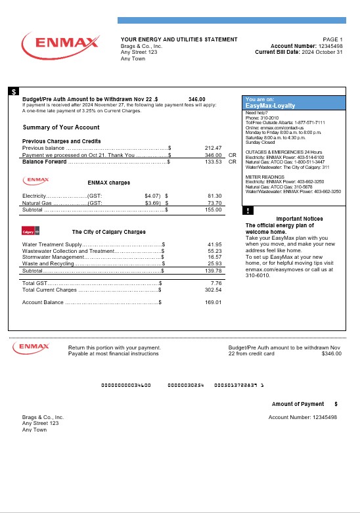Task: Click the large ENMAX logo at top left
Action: pos(60,45)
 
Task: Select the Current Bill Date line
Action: pos(299,53)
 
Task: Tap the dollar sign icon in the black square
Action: pos(14,92)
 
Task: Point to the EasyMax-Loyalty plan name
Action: pos(270,106)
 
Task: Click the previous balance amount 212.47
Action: pos(214,148)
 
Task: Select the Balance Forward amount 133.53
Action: pos(214,161)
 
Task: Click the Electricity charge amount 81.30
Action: pos(214,196)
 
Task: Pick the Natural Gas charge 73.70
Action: pos(214,204)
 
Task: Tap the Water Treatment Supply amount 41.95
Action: pos(215,244)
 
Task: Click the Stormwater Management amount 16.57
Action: pos(215,257)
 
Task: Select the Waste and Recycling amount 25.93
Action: pos(215,263)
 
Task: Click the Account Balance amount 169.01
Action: pos(214,302)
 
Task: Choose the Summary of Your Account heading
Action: pos(61,127)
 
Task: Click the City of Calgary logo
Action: pos(32,232)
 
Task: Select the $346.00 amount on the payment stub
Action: pos(332,353)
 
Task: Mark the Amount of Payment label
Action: pos(298,404)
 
